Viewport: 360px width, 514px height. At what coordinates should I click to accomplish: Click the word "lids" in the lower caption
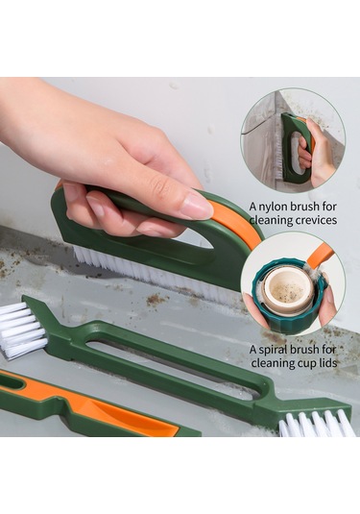(x=326, y=362)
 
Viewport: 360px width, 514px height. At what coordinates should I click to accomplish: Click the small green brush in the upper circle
(x=293, y=148)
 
